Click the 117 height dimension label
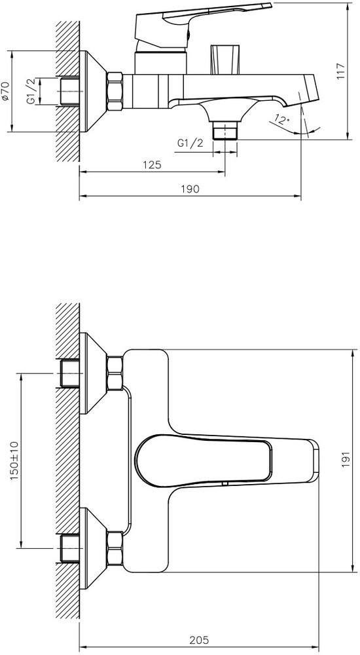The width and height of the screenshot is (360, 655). pos(341,71)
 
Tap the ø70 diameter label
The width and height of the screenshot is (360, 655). pos(6,91)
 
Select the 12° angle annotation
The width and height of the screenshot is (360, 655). pos(282,120)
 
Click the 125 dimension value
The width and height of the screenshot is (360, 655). pos(152,164)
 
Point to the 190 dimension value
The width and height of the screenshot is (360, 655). pos(190,189)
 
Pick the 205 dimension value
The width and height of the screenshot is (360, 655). pos(199,639)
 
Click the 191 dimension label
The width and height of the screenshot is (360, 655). pos(346,460)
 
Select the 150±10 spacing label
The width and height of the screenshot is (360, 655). pos(14,460)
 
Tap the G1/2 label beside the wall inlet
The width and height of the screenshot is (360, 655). pos(31,92)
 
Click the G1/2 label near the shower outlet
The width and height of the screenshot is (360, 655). pos(190,143)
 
